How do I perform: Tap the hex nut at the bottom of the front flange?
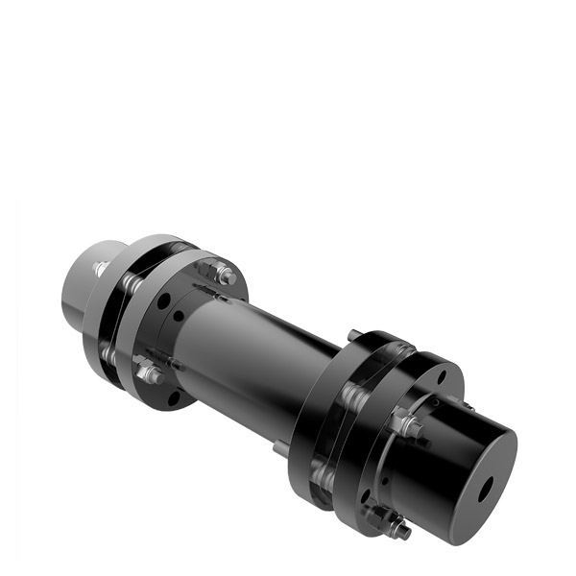pos(395,525)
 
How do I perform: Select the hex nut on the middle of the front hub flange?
pos(410,423)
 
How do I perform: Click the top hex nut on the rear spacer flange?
pos(226,276)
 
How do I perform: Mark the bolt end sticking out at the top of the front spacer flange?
pos(354,335)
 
